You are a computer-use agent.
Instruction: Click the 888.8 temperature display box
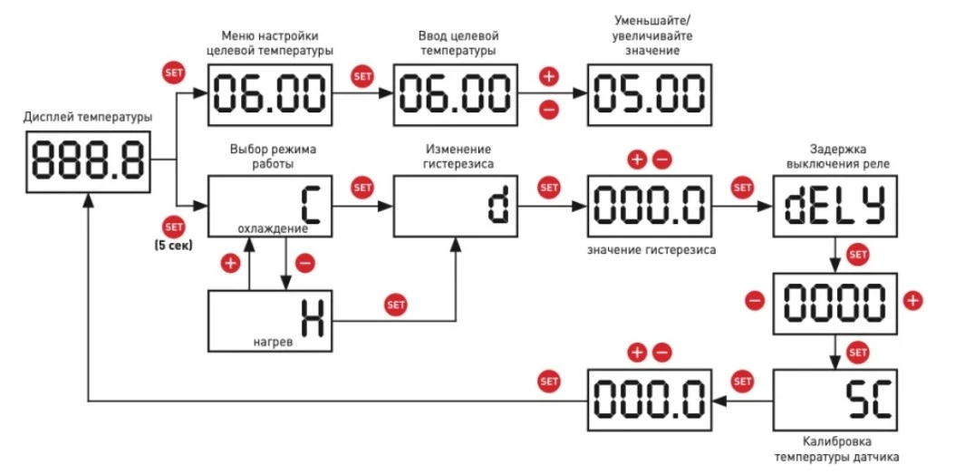coord(88,160)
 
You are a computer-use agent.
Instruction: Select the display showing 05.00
coord(649,94)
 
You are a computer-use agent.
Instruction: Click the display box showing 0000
coord(833,302)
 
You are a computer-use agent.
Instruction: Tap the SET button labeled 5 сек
coord(172,227)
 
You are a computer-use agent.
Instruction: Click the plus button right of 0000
coord(912,300)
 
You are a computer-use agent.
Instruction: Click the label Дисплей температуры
coord(88,117)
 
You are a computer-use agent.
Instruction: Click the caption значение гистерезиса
coord(650,249)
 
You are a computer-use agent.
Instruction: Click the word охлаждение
coord(272,228)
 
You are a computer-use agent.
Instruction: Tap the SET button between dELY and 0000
coord(856,255)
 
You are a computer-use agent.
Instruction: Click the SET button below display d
coord(396,305)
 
